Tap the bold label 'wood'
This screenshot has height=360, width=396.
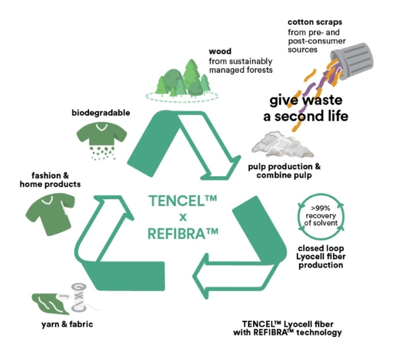pyautogui.click(x=220, y=52)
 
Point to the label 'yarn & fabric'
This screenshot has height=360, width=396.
pyautogui.click(x=67, y=324)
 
